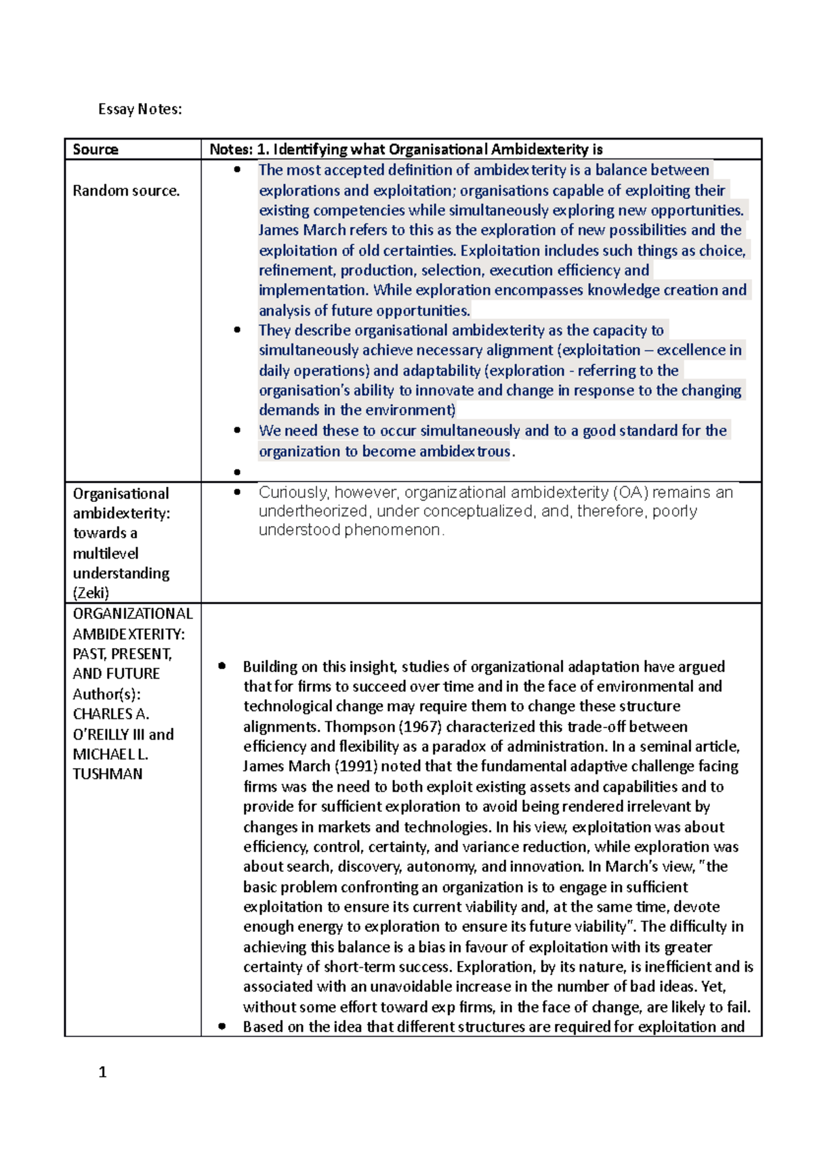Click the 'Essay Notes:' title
pos(140,109)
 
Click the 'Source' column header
pos(96,150)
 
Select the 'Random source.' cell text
pos(126,191)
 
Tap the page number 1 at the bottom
pos(102,1072)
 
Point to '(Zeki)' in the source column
pos(91,593)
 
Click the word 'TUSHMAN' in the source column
pos(107,774)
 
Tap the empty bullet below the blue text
pos(237,472)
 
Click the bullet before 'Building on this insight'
pos(222,666)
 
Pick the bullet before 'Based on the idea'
pos(222,1027)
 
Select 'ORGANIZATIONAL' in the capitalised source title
pos(133,614)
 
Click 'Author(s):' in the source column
pos(106,694)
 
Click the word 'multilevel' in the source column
pos(106,553)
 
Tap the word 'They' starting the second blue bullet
pos(274,331)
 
